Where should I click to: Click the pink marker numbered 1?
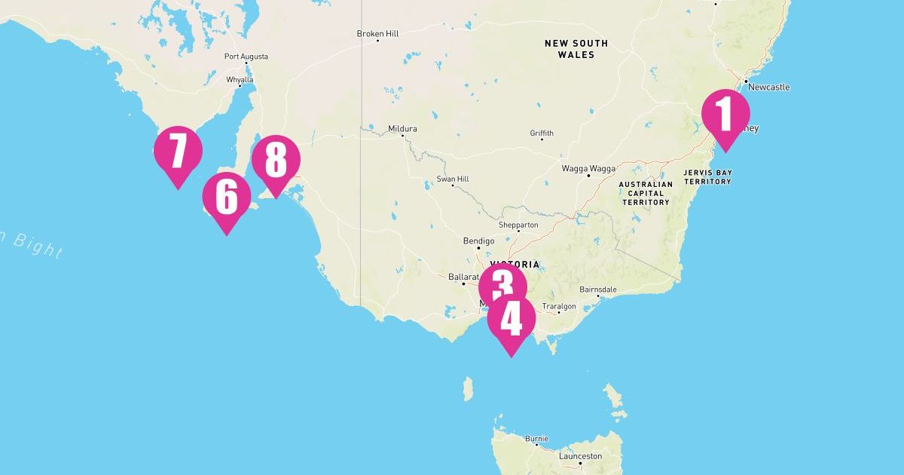pos(725,115)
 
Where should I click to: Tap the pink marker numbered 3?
pos(502,285)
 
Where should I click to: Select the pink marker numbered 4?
pos(511,320)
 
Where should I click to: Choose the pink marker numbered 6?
pos(227,198)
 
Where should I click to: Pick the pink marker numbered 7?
pos(178,151)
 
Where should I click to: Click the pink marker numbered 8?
pos(276,161)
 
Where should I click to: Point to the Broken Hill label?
pos(377,34)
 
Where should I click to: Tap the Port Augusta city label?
pos(246,57)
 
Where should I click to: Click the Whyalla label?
pos(240,79)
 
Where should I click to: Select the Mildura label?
pos(402,129)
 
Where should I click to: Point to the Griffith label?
pos(542,133)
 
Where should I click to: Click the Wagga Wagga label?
pos(588,169)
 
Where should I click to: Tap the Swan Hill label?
pos(452,179)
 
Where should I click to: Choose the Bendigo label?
pos(478,241)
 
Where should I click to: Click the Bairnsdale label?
pos(598,290)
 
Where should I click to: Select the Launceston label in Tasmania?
pos(580,456)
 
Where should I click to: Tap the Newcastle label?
pos(768,87)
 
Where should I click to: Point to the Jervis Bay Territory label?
pos(707,177)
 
